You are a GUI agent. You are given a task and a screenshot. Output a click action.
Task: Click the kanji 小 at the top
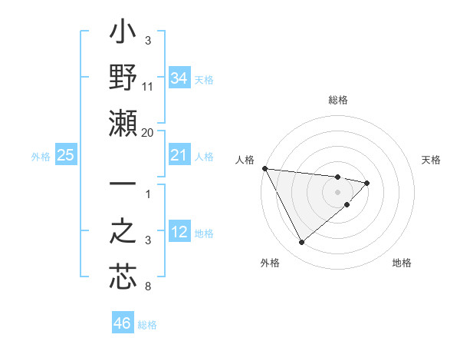pyautogui.click(x=123, y=35)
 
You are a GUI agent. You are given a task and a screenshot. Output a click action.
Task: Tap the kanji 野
pyautogui.click(x=123, y=78)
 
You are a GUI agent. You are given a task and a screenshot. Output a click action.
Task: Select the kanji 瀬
pyautogui.click(x=123, y=123)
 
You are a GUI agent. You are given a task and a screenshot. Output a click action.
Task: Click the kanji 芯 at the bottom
pyautogui.click(x=123, y=277)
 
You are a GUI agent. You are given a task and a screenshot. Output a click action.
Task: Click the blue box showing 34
pyautogui.click(x=179, y=78)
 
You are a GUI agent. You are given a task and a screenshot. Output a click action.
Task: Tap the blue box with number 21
pyautogui.click(x=179, y=156)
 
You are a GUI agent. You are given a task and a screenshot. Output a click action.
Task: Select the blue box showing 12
pyautogui.click(x=179, y=233)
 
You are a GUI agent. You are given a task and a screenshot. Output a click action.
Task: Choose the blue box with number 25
pyautogui.click(x=65, y=156)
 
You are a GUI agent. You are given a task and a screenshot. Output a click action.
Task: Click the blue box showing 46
pyautogui.click(x=123, y=323)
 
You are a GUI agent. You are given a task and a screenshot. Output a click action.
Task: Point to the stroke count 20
pyautogui.click(x=148, y=133)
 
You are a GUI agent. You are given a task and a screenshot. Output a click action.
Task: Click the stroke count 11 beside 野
pyautogui.click(x=148, y=88)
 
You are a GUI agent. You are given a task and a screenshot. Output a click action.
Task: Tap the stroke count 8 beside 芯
pyautogui.click(x=148, y=287)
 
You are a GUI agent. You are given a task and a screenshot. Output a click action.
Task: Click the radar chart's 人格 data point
pyautogui.click(x=264, y=168)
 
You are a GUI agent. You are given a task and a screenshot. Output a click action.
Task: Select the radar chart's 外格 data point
pyautogui.click(x=301, y=243)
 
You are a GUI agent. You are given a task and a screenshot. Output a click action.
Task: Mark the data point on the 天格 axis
pyautogui.click(x=367, y=183)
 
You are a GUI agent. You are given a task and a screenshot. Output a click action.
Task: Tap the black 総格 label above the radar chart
pyautogui.click(x=338, y=100)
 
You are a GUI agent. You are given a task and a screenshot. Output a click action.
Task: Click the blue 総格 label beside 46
pyautogui.click(x=147, y=325)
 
